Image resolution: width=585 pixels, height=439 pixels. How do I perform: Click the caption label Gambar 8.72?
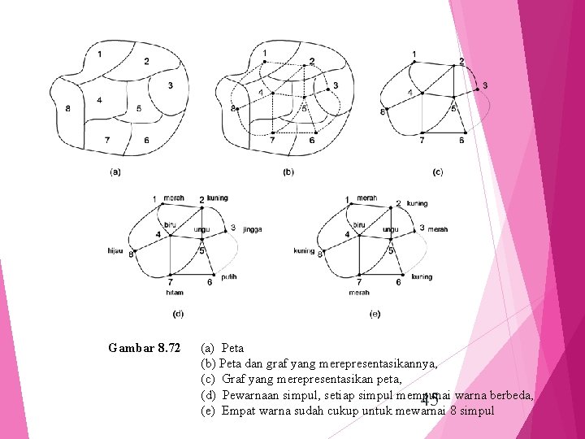pyautogui.click(x=145, y=348)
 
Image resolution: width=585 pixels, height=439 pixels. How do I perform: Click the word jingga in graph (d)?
pyautogui.click(x=252, y=230)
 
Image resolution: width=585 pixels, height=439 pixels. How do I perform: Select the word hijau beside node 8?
pyautogui.click(x=115, y=250)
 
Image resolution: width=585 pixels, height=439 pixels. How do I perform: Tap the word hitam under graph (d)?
pyautogui.click(x=174, y=292)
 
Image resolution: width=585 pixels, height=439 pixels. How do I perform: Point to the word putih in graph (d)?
pyautogui.click(x=229, y=277)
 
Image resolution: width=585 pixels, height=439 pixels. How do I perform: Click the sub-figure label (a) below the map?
pyautogui.click(x=115, y=172)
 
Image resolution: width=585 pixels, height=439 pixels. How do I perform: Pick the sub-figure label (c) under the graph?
pyautogui.click(x=437, y=172)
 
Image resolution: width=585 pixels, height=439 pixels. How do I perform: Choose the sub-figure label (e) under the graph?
pyautogui.click(x=375, y=313)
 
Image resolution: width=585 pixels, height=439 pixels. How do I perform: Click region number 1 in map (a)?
pyautogui.click(x=99, y=54)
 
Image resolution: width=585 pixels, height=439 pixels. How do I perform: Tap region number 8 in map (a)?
pyautogui.click(x=67, y=108)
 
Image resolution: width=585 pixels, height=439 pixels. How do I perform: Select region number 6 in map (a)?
pyautogui.click(x=146, y=141)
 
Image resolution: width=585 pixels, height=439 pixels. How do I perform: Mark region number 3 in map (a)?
pyautogui.click(x=170, y=85)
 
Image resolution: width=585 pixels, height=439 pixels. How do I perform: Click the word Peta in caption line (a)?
pyautogui.click(x=232, y=348)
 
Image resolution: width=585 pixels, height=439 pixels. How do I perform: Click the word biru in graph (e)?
pyautogui.click(x=359, y=224)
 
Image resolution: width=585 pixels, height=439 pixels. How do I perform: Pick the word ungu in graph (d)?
pyautogui.click(x=201, y=229)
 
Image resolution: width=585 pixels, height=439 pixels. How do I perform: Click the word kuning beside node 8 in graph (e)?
pyautogui.click(x=304, y=250)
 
